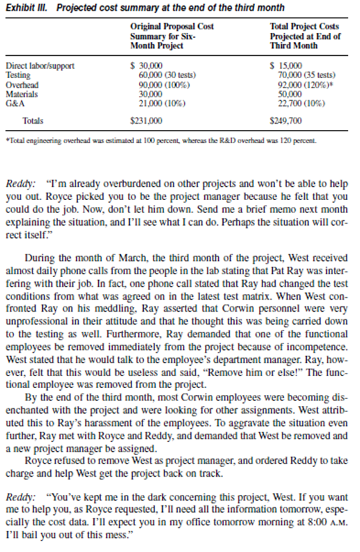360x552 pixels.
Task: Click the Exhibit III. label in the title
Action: pos(23,7)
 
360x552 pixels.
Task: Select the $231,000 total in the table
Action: pos(145,121)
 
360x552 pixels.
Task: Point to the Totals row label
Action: pos(33,121)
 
